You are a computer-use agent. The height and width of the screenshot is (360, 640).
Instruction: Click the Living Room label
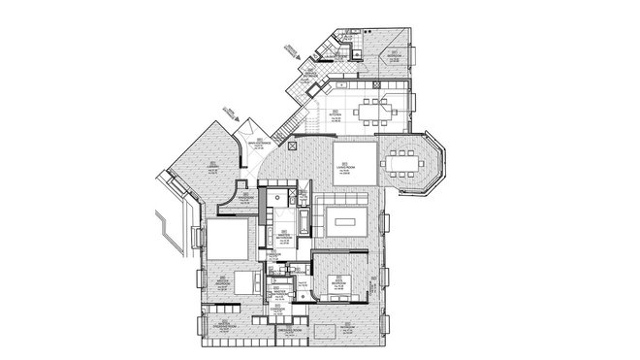pos(345,168)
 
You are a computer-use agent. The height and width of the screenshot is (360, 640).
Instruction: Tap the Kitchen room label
pos(334,114)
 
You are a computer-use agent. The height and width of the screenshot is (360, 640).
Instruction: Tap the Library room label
pos(210,167)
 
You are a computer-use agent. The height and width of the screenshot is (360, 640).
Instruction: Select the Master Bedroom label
pos(222,278)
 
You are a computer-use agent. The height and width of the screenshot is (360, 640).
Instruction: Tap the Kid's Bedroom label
pos(338,284)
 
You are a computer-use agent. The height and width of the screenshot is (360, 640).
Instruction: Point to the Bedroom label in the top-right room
pos(392,56)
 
